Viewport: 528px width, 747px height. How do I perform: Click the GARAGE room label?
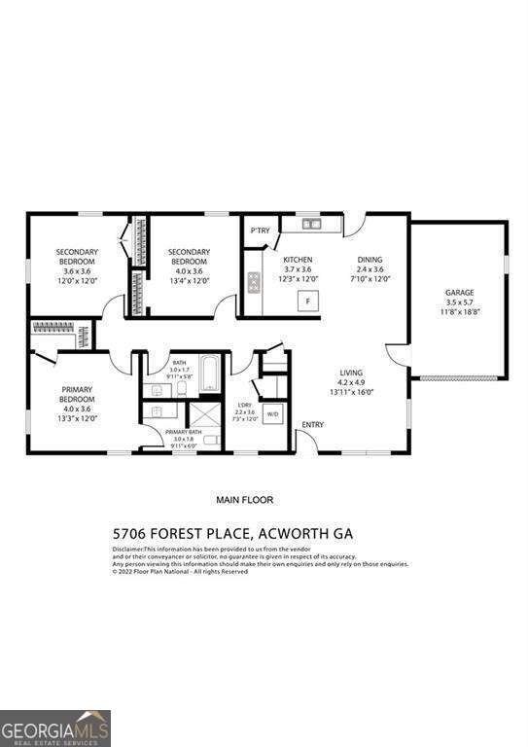(x=459, y=292)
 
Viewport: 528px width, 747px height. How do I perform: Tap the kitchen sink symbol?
(x=312, y=225)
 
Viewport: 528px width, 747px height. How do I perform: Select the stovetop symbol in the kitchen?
(x=255, y=283)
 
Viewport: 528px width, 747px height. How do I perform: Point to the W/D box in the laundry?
(x=272, y=412)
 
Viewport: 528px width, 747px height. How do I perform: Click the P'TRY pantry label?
(x=260, y=231)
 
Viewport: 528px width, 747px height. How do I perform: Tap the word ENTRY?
(x=313, y=424)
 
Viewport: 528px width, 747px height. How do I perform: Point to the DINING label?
(x=370, y=260)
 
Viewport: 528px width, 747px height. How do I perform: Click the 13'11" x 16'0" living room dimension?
(x=351, y=392)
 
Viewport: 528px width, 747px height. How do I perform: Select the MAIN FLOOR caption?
(x=244, y=500)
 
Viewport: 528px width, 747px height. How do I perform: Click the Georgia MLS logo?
(x=55, y=728)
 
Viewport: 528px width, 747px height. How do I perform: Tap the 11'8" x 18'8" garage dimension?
(x=459, y=311)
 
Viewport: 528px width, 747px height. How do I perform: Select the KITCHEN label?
(x=298, y=260)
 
